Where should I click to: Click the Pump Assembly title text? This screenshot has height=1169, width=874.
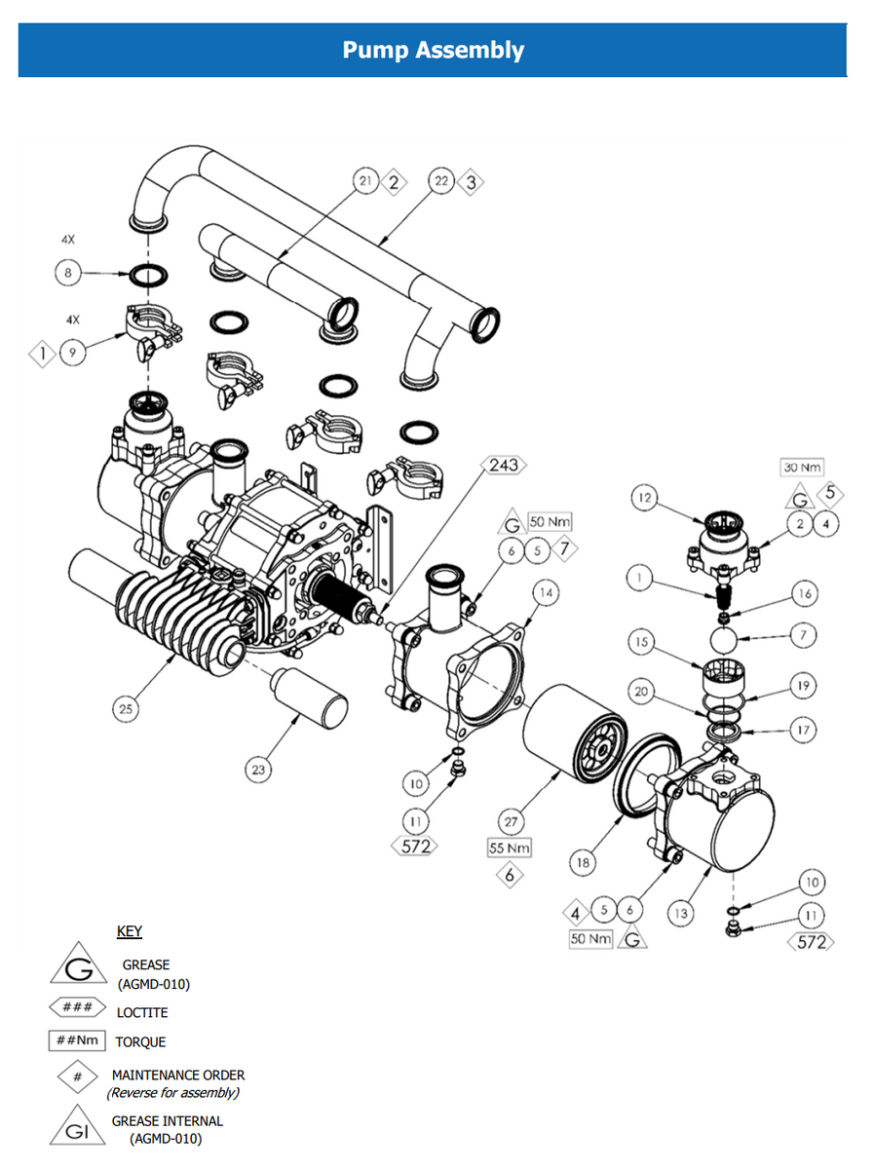(x=433, y=51)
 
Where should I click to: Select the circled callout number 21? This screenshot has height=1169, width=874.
(x=365, y=181)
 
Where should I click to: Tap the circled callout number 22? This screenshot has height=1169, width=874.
(x=440, y=181)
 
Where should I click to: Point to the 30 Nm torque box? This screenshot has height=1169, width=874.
(x=802, y=468)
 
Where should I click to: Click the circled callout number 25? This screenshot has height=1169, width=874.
(x=126, y=709)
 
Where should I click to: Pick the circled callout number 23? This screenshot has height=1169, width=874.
(x=257, y=770)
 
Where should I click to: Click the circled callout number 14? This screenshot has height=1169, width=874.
(x=545, y=592)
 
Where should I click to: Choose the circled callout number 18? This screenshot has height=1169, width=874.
(x=583, y=862)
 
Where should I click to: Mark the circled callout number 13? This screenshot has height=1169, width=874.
(x=679, y=913)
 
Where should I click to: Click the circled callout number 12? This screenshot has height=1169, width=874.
(x=644, y=499)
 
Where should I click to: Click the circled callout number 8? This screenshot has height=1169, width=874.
(x=69, y=275)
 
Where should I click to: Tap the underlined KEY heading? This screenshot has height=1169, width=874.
(x=130, y=931)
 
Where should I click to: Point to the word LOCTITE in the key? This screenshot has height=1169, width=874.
(x=141, y=1012)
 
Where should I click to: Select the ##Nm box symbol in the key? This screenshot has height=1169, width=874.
(x=77, y=1041)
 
